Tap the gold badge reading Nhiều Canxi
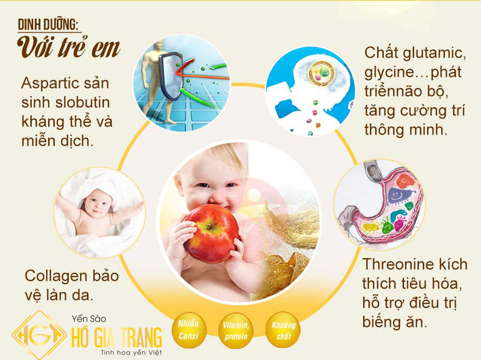coord(189,330)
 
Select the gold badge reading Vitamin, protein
coord(236,331)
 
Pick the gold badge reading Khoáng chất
coord(283,330)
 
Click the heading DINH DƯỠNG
coord(49,25)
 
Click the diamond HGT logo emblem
coord(39,335)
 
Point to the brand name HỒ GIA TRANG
coord(117,337)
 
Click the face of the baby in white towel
coord(96,203)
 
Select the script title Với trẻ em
coord(69,48)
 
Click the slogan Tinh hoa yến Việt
coord(131,353)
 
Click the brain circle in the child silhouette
coord(319,73)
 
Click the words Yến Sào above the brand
coord(89,319)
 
